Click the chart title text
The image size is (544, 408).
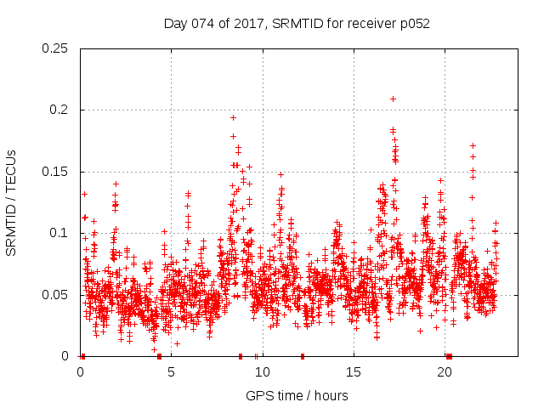pos(297,24)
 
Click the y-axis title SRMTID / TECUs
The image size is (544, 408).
pos(11,202)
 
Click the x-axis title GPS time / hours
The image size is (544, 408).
pos(297,395)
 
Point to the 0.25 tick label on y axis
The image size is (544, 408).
pos(56,48)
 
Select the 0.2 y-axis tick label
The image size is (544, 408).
pos(59,110)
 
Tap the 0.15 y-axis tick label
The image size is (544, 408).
pos(56,172)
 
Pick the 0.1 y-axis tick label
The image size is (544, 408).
pos(59,233)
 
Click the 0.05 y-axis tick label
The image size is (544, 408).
pos(56,295)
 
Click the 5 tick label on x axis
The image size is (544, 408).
pos(171,372)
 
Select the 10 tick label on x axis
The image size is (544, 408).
pos(262,372)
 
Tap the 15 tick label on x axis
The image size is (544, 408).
pos(354,372)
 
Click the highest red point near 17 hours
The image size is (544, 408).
pos(393,99)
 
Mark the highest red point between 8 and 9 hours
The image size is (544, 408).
pos(233,117)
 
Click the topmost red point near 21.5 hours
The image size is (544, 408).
pos(473,145)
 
